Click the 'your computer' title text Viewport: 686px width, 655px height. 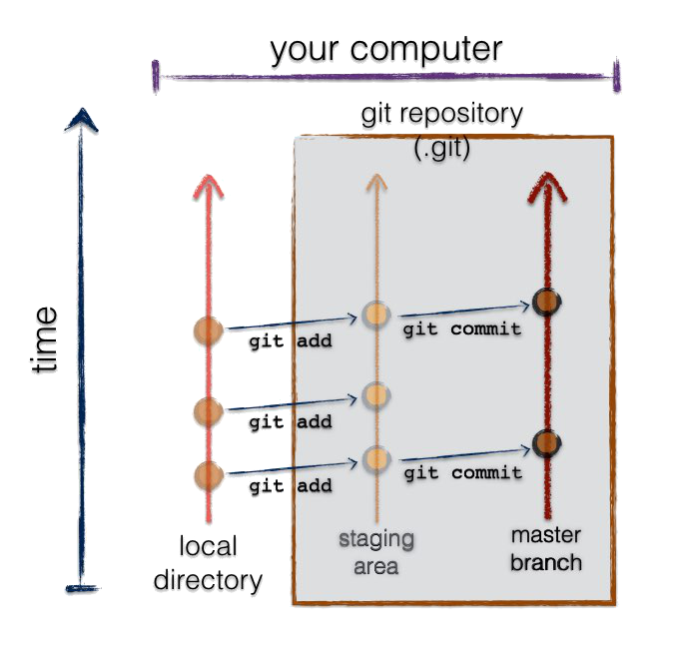pos(386,49)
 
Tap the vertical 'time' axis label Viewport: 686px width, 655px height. pos(44,339)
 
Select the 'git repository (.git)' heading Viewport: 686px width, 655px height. pos(442,131)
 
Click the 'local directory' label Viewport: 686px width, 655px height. pos(209,563)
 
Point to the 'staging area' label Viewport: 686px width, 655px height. pos(376,552)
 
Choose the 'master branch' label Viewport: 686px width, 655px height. pos(546,549)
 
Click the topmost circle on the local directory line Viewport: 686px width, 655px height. pos(209,331)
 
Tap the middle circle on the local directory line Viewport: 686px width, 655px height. pos(209,411)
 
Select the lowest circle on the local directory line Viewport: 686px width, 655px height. pos(209,475)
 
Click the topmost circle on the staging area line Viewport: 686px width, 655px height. pos(376,315)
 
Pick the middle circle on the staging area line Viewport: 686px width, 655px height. pos(376,395)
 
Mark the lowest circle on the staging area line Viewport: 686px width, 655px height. pos(376,459)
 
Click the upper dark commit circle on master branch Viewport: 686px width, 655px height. pos(547,302)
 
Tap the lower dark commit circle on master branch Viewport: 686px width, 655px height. pos(547,444)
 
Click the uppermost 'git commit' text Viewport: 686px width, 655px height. pos(462,329)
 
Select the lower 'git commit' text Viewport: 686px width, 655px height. pos(463,473)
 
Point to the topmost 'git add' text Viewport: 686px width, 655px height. pos(291,340)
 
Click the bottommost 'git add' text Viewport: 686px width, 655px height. pos(291,486)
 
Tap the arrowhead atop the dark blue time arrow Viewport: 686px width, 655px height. pos(81,120)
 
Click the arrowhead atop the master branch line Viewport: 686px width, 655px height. pos(547,187)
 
